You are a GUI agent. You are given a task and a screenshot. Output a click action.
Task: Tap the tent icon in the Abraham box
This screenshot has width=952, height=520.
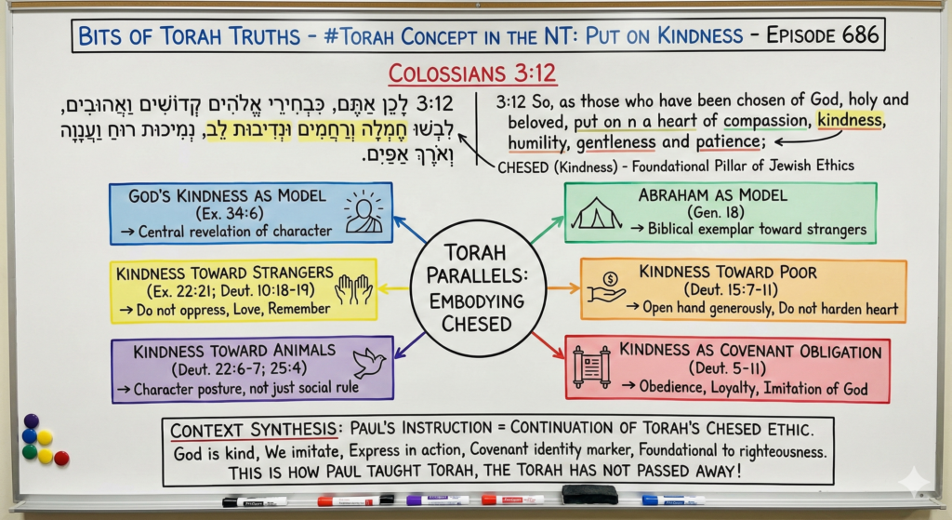(x=596, y=215)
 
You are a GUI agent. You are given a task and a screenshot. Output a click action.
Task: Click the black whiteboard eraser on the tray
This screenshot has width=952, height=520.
(x=589, y=494)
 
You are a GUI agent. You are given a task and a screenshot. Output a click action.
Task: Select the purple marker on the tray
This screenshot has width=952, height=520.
(x=437, y=500)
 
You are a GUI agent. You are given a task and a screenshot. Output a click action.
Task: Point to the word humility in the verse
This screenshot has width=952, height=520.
(x=536, y=143)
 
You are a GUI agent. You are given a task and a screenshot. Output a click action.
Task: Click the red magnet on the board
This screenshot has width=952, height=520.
(x=61, y=457)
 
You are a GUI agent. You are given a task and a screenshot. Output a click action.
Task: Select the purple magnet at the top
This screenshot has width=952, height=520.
(x=31, y=420)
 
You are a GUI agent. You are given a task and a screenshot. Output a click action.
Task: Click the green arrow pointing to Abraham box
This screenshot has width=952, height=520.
(x=548, y=229)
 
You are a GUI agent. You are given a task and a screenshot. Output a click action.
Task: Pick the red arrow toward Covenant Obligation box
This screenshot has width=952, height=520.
(x=548, y=344)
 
